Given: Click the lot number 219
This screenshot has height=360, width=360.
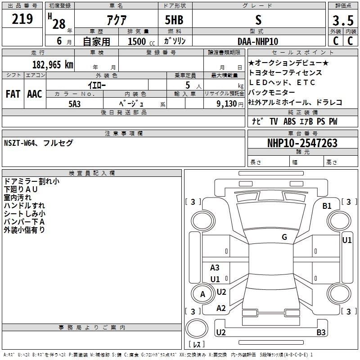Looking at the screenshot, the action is click(x=22, y=19).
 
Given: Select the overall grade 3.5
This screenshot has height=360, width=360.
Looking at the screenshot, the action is click(x=342, y=21).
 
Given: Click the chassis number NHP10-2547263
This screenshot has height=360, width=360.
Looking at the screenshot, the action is click(x=302, y=143).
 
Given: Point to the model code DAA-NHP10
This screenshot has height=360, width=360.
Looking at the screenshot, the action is click(x=258, y=41).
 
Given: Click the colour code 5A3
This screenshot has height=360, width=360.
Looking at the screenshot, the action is click(x=74, y=103).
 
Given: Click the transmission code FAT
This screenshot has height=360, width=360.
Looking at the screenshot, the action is click(x=13, y=94).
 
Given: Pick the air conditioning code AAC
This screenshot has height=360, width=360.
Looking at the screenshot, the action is click(x=35, y=94).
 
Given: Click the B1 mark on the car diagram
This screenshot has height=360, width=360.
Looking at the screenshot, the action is click(x=327, y=206).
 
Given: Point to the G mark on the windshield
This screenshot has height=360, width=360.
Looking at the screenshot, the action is click(x=284, y=237).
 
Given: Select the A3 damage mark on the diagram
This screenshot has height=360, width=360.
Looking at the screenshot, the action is click(x=215, y=268).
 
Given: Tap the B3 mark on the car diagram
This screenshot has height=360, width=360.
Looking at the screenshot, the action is click(x=321, y=333).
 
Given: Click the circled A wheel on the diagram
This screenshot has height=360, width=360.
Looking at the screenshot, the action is click(x=202, y=294).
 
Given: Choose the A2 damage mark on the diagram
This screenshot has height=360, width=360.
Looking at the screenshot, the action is click(x=221, y=308).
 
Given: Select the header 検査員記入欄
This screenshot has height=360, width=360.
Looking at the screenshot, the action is click(x=92, y=173).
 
